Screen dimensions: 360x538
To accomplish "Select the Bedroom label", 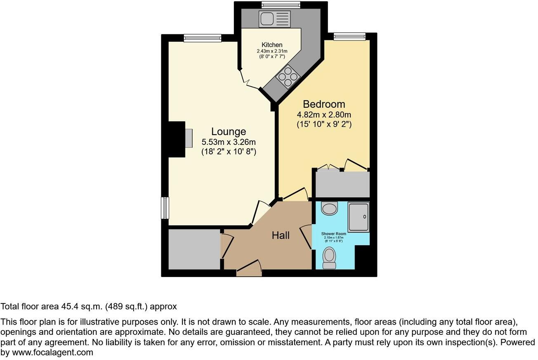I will coord(324,104).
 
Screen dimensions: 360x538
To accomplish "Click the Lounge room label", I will coord(229,132).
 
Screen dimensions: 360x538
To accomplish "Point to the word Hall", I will coord(281,235).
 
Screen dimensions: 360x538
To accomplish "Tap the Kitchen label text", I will coord(272,45).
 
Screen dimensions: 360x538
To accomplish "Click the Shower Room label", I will coord(333,234).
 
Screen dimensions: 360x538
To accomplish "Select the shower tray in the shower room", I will coord(359,217).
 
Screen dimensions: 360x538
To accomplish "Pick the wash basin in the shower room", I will coord(329,208).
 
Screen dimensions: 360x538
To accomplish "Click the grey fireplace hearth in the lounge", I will coord(189,138).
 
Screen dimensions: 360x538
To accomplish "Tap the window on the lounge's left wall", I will coord(165,208).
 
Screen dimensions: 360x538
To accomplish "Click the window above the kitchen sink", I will coord(281,5).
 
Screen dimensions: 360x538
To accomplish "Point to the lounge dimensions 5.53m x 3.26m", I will coord(229,142).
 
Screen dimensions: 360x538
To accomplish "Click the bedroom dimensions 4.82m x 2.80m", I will coord(324,115).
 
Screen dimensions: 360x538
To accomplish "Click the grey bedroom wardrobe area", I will coord(342,184).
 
